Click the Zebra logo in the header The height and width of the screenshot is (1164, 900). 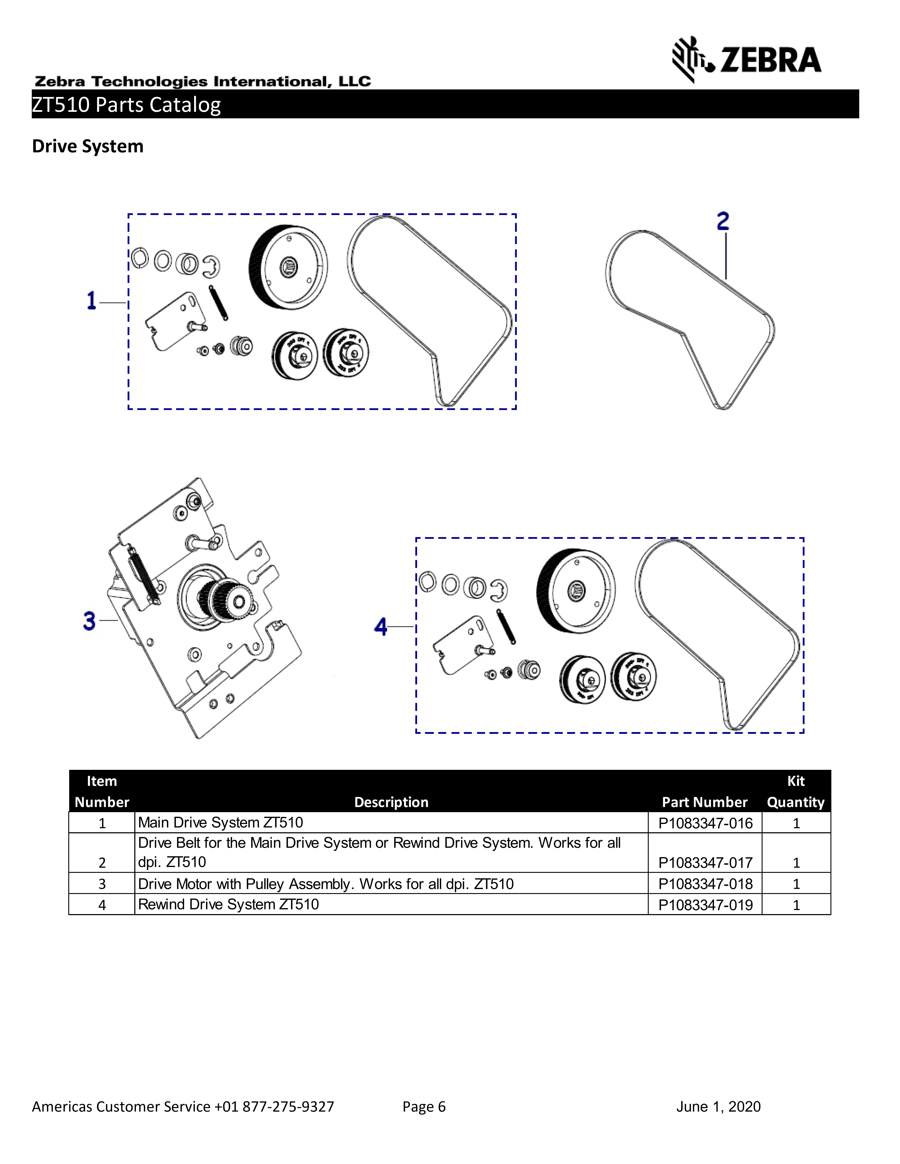(x=746, y=59)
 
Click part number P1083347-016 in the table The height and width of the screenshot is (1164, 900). (x=705, y=823)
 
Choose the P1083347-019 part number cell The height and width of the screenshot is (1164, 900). (x=705, y=905)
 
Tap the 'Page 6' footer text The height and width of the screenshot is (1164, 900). (x=424, y=1107)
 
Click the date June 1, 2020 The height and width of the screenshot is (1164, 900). (x=718, y=1107)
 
